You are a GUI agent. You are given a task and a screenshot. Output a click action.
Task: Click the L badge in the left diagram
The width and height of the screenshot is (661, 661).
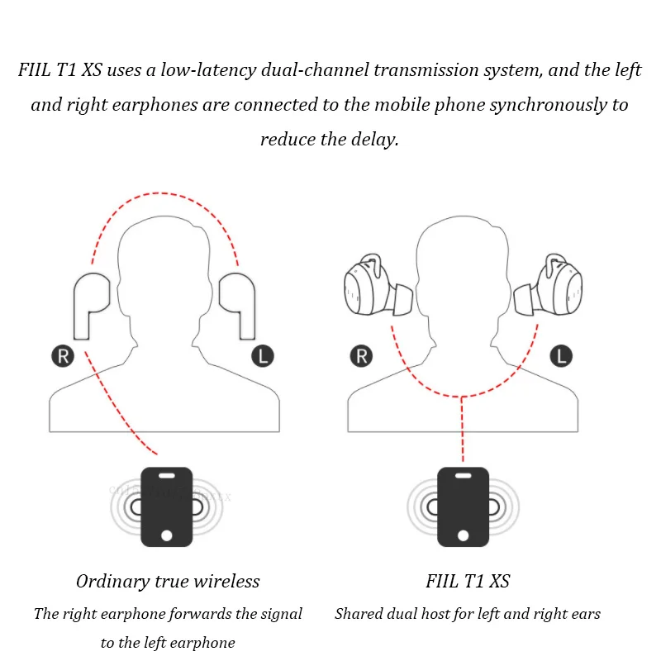pyautogui.click(x=262, y=357)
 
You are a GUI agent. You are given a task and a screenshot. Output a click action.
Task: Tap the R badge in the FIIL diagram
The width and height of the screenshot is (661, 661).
pyautogui.click(x=361, y=357)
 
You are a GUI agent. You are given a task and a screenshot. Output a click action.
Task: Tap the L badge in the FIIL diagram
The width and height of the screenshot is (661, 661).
pyautogui.click(x=560, y=357)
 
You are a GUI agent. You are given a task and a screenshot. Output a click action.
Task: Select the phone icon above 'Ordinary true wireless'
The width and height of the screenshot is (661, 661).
pyautogui.click(x=166, y=506)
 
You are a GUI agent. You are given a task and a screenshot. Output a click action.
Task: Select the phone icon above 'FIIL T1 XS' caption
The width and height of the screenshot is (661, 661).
pyautogui.click(x=463, y=506)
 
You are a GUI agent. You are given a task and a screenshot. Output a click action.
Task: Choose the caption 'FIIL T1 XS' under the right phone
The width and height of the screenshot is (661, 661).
pyautogui.click(x=468, y=582)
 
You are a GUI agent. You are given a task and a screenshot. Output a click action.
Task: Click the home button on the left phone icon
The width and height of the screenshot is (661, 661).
pyautogui.click(x=166, y=535)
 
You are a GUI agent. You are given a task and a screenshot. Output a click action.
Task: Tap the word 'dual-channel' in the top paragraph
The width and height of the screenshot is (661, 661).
pyautogui.click(x=318, y=70)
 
